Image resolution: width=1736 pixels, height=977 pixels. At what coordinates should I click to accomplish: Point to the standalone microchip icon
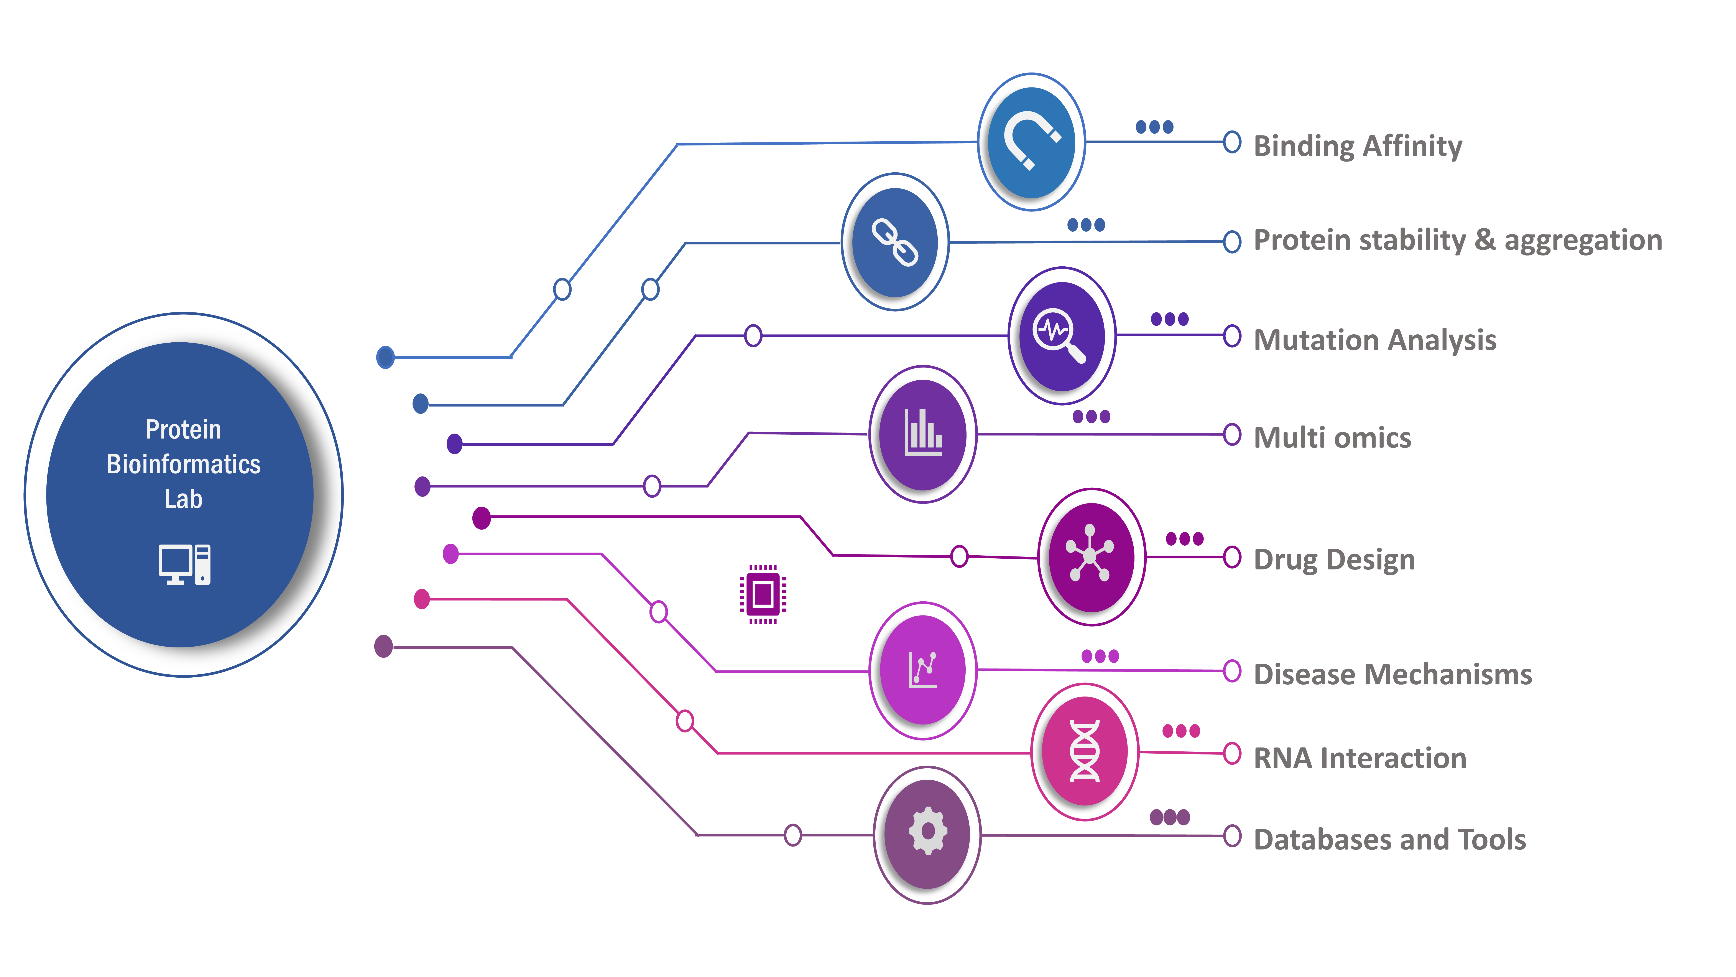tap(763, 594)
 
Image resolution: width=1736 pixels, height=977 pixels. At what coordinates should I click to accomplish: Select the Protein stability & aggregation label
tap(1458, 240)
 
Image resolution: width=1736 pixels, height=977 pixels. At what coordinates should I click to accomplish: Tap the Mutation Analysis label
tap(1375, 340)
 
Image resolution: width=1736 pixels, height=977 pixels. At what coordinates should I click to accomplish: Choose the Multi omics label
tap(1332, 438)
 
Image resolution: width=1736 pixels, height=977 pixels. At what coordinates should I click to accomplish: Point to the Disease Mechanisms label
tap(1393, 674)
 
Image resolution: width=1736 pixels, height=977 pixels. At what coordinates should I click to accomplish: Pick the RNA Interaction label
tap(1360, 758)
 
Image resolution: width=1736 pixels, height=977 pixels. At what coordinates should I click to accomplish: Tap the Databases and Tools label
tap(1390, 839)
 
